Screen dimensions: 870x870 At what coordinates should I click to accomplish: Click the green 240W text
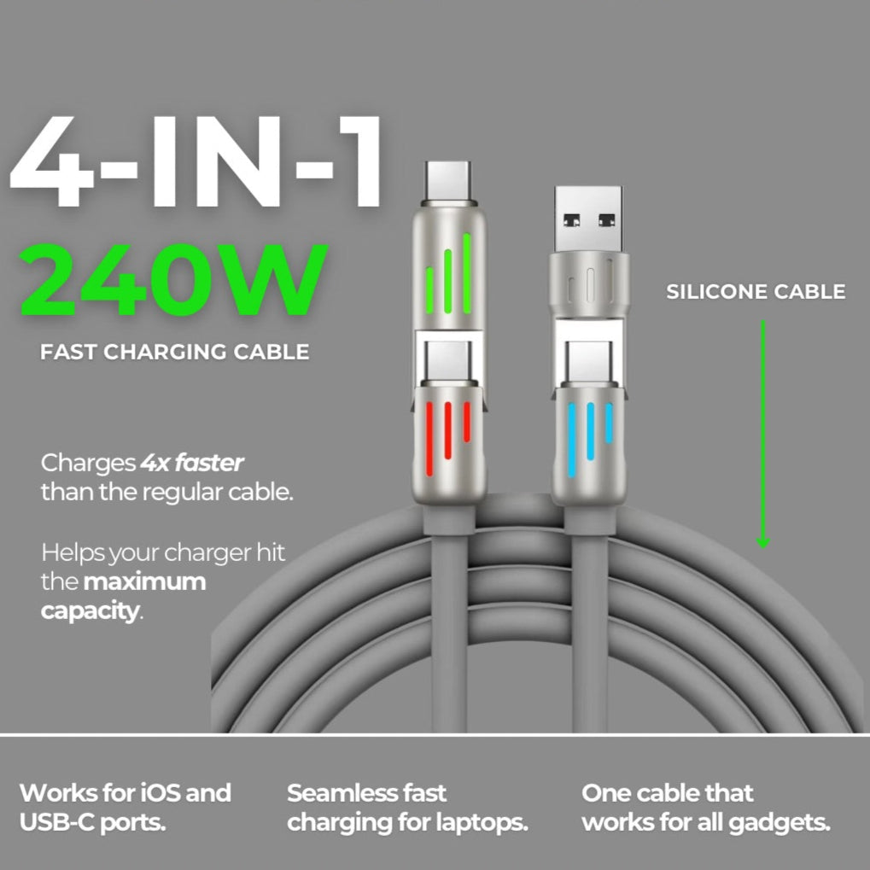(x=173, y=280)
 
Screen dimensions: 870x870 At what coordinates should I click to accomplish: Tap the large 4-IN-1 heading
(x=196, y=161)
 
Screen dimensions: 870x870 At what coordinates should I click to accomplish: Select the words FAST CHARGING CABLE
(x=175, y=352)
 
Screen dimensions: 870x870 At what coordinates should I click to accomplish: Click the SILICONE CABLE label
(x=756, y=291)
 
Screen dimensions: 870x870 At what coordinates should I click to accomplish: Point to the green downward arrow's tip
(x=763, y=547)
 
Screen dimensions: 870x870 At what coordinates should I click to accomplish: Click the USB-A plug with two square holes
(x=588, y=219)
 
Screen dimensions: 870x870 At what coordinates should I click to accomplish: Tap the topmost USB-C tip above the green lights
(x=447, y=182)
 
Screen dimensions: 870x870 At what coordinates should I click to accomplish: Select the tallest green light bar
(x=467, y=273)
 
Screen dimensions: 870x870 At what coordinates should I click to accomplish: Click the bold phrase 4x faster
(x=192, y=463)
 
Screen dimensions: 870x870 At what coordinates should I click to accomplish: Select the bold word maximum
(x=145, y=581)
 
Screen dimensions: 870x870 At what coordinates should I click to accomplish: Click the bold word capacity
(x=91, y=611)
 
